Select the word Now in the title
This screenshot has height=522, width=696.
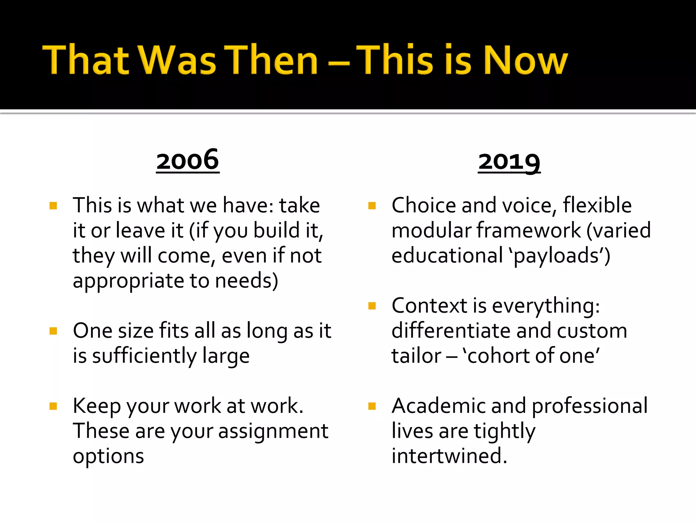[525, 60]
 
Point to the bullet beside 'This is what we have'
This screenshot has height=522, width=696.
[53, 206]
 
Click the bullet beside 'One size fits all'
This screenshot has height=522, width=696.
[53, 331]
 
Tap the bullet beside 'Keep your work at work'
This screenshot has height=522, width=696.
[53, 406]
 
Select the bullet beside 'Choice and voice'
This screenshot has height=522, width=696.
[372, 206]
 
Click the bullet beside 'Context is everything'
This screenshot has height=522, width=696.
[372, 306]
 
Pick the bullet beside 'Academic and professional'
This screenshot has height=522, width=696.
[372, 406]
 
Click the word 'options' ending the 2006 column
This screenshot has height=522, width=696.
[108, 456]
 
